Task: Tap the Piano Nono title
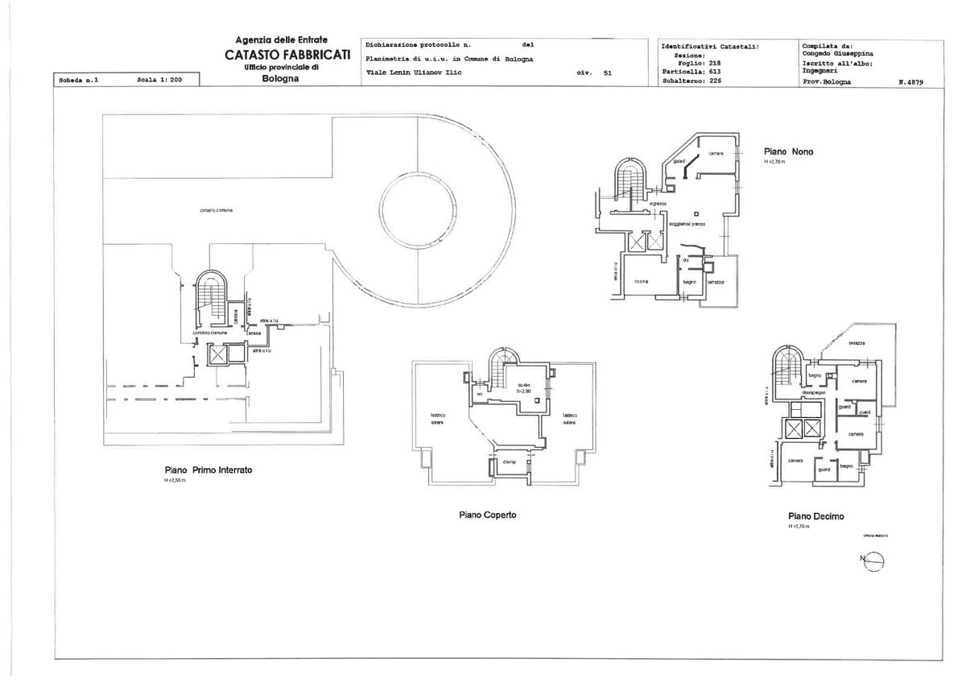coord(788,151)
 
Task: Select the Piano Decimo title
coord(816,516)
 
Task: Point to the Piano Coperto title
coord(488,515)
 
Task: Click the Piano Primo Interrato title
coord(208,470)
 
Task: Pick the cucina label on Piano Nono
coord(642,280)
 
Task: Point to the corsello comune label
coord(216,211)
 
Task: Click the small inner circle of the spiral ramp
coord(418,213)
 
